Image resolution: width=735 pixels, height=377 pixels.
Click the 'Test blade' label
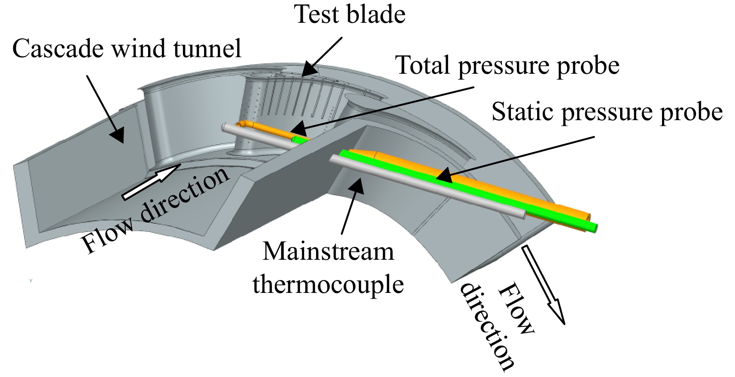click(x=350, y=15)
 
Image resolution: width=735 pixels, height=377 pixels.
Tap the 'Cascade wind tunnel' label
click(x=127, y=48)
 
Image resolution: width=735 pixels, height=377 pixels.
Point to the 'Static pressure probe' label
click(x=607, y=112)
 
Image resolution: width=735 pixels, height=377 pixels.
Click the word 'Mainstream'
click(x=328, y=251)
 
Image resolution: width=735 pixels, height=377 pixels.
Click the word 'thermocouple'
click(x=328, y=285)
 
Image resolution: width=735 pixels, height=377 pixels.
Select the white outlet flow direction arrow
click(x=543, y=284)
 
